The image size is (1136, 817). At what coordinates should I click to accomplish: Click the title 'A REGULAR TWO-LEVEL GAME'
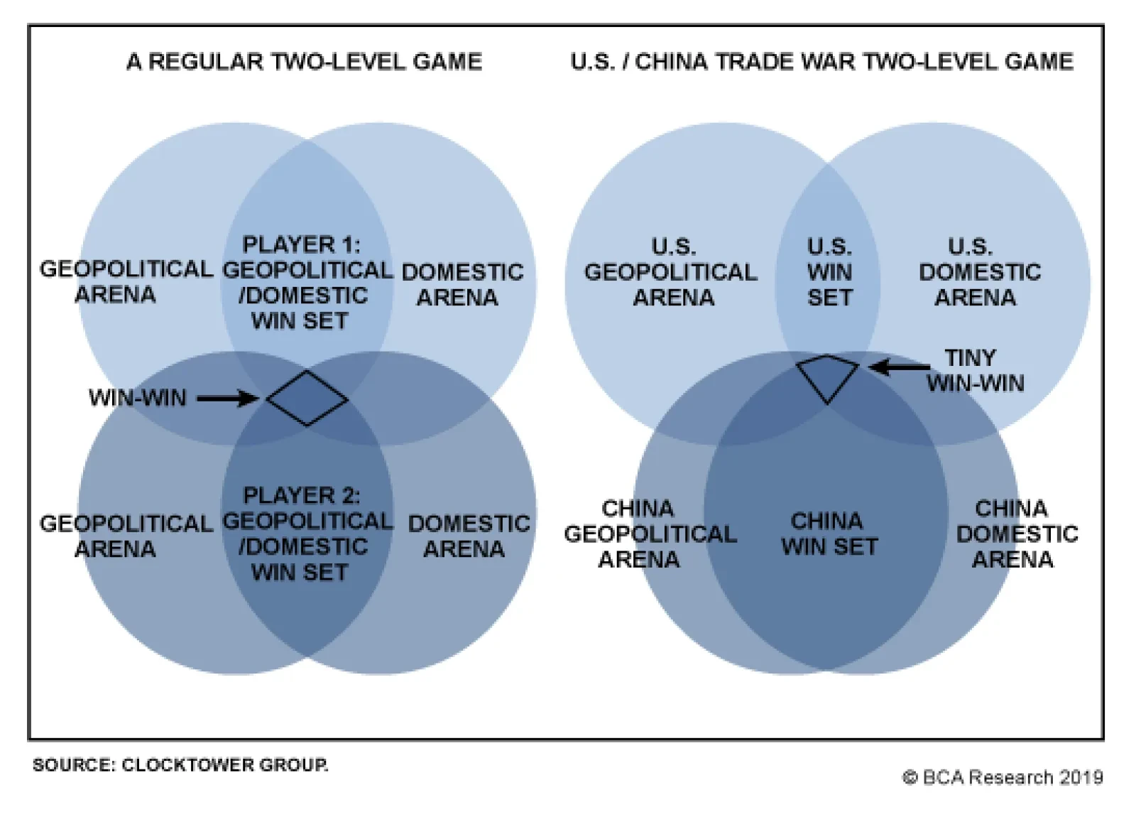(304, 62)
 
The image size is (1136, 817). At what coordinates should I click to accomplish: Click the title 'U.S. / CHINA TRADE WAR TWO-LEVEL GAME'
(821, 62)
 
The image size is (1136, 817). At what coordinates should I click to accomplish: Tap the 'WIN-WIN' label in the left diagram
(137, 398)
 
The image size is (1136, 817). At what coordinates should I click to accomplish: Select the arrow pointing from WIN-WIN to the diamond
(227, 399)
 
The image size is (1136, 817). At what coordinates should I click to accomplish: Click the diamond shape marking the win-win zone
(307, 398)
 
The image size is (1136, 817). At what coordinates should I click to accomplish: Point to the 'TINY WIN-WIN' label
(974, 370)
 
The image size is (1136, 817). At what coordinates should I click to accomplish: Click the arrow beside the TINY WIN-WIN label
(900, 367)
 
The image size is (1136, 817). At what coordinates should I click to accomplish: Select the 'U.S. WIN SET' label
(829, 272)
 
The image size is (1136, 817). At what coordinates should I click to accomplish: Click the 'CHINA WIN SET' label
(829, 534)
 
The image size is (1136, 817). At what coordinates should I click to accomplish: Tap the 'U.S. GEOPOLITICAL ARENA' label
(671, 272)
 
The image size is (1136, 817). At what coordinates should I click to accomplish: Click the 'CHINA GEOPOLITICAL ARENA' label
(649, 534)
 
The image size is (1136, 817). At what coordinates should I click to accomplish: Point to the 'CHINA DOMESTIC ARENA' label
(1016, 534)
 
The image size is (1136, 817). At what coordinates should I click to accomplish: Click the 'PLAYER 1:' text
(301, 245)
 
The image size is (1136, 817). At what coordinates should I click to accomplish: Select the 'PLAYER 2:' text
(301, 495)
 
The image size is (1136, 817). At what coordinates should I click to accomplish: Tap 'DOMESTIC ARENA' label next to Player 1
(461, 284)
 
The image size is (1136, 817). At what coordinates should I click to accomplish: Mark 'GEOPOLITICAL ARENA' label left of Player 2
(126, 536)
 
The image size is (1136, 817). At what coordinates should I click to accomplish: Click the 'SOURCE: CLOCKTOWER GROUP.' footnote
(180, 765)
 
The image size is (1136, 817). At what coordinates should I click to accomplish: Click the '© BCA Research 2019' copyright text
(1003, 777)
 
